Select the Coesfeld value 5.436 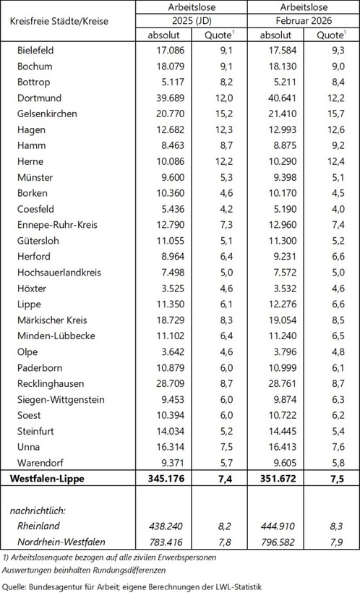tap(168, 210)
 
